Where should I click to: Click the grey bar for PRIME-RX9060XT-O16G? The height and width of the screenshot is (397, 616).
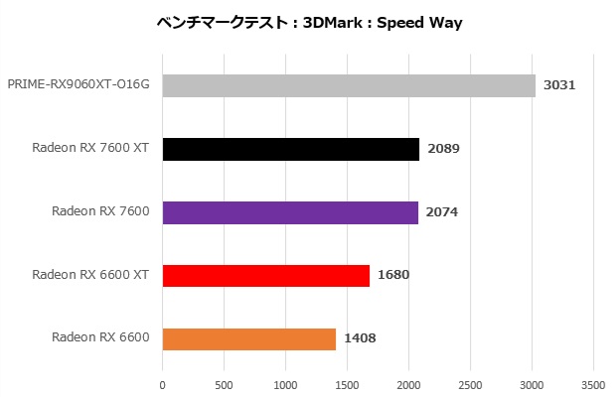pyautogui.click(x=349, y=85)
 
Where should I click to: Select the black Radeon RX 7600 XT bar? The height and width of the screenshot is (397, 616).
pyautogui.click(x=290, y=149)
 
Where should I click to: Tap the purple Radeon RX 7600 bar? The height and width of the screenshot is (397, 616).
pyautogui.click(x=289, y=212)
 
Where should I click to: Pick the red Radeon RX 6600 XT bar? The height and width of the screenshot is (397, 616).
pyautogui.click(x=265, y=275)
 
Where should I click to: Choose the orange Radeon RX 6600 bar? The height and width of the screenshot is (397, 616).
pyautogui.click(x=248, y=338)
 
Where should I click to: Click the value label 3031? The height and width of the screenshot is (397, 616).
pyautogui.click(x=559, y=85)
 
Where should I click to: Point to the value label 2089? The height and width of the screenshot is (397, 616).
pyautogui.click(x=443, y=149)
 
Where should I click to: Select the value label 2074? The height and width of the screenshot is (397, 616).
pyautogui.click(x=441, y=212)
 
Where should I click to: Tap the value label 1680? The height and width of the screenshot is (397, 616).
pyautogui.click(x=393, y=275)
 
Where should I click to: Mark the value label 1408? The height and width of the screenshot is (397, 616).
pyautogui.click(x=360, y=338)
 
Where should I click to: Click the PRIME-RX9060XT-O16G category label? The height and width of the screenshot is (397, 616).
pyautogui.click(x=78, y=85)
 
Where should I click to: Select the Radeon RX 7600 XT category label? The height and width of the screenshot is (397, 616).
pyautogui.click(x=90, y=149)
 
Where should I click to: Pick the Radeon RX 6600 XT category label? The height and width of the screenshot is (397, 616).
pyautogui.click(x=90, y=275)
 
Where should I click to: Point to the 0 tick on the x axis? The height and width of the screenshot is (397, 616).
pyautogui.click(x=162, y=381)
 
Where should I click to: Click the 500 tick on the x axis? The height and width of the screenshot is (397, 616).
pyautogui.click(x=224, y=381)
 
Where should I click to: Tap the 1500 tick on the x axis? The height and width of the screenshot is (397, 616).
pyautogui.click(x=347, y=381)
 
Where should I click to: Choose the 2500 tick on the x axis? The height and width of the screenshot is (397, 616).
pyautogui.click(x=470, y=381)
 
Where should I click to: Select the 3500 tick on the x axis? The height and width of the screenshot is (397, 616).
pyautogui.click(x=593, y=381)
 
